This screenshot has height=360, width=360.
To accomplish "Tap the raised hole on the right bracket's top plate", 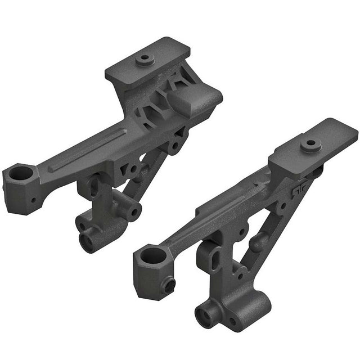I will point(310,143).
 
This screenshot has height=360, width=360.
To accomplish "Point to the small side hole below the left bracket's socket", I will point(33,200).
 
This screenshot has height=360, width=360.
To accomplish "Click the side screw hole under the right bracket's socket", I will point(168,285).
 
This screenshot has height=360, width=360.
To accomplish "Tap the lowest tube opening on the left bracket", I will point(89,241).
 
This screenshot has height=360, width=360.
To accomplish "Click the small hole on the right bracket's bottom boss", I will point(231,322).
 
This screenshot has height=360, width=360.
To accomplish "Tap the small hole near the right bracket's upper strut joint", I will point(280,206).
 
